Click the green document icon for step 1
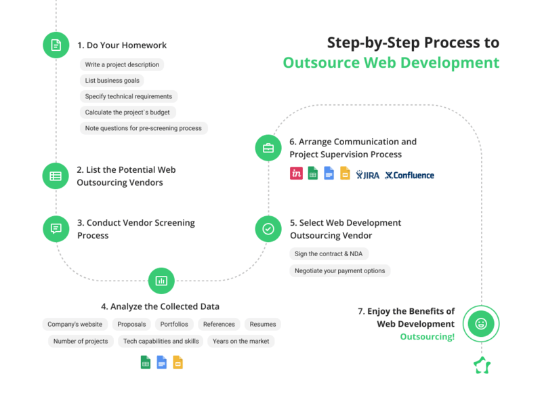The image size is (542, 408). tap(56, 45)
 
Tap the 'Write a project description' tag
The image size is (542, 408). tap(122, 65)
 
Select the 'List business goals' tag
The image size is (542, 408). tap(113, 81)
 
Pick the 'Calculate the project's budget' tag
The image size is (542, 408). tap(127, 112)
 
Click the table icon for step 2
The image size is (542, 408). tap(56, 176)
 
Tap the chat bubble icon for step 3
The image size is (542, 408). tap(56, 228)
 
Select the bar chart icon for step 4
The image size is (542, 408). tap(161, 281)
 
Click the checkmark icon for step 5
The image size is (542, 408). tap(268, 229)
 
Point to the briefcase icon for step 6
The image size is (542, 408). tap(268, 148)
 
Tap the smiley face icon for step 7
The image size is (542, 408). tap(481, 324)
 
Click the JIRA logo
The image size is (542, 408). tap(368, 176)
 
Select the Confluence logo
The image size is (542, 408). tap(409, 176)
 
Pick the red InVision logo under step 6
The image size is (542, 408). tap(296, 174)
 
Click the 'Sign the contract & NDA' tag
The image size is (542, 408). tap(329, 254)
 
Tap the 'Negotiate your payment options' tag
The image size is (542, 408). tap(339, 270)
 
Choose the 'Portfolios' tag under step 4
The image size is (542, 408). tap(174, 325)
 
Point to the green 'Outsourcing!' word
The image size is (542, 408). tap(427, 336)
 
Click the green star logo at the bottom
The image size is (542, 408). tap(482, 365)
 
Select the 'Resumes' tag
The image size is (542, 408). tap(262, 325)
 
